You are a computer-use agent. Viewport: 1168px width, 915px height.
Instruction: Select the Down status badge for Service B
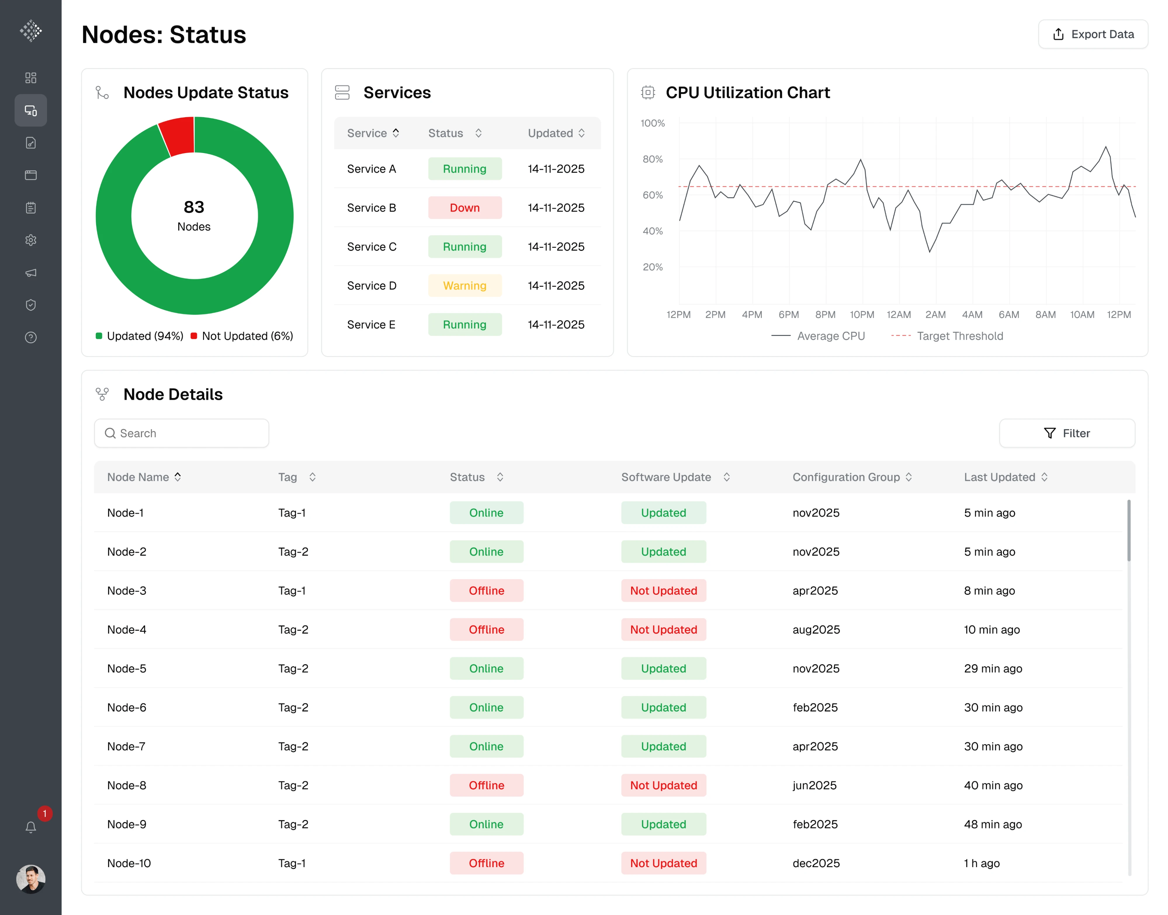click(x=465, y=208)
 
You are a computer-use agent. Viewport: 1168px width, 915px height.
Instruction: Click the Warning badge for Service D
click(x=465, y=285)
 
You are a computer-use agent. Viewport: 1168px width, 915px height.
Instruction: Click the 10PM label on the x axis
click(x=862, y=314)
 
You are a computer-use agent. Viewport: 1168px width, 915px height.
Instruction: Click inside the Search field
click(x=182, y=433)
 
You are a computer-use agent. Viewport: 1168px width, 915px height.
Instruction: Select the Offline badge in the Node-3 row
click(x=486, y=590)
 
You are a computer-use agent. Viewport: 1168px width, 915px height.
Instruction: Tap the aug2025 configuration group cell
click(x=816, y=630)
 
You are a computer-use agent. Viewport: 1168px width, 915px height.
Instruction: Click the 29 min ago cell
click(x=993, y=668)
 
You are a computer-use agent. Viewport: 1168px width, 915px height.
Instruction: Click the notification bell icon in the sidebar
click(x=31, y=827)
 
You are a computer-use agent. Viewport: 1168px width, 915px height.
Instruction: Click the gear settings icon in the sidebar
click(x=31, y=240)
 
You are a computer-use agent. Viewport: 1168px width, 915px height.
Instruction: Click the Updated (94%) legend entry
click(x=140, y=336)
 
